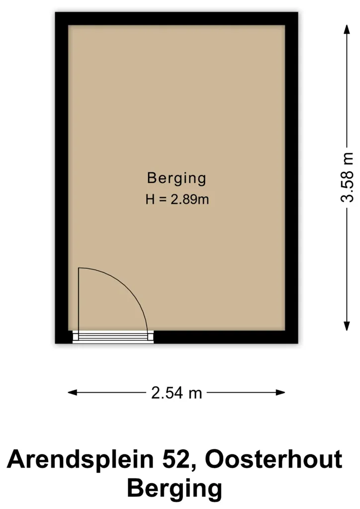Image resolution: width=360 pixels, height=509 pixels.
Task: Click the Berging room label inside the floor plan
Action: (x=176, y=178)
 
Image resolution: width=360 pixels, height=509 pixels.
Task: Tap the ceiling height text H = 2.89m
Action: (x=177, y=199)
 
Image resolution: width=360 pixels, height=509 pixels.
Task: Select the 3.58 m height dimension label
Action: (x=347, y=177)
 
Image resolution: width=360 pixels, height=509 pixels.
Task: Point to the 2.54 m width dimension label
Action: (x=177, y=393)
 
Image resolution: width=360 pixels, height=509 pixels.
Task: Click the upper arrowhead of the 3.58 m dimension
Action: (x=347, y=29)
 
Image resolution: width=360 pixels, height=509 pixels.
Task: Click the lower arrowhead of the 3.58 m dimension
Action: (x=347, y=326)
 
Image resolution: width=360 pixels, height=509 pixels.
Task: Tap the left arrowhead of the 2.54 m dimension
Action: (x=73, y=393)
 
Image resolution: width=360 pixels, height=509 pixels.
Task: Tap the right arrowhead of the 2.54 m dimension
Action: (x=280, y=393)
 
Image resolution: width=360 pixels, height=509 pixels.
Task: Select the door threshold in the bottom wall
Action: (x=113, y=337)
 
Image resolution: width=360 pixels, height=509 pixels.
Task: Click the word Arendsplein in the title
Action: (x=80, y=459)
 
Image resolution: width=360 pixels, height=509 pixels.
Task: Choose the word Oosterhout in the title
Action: (x=273, y=459)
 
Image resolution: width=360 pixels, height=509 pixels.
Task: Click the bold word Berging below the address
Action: (x=175, y=489)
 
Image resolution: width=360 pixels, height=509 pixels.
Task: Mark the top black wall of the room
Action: (x=177, y=18)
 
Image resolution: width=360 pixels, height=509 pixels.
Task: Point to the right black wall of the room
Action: (x=291, y=177)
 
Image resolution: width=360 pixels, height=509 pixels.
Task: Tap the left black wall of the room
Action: (x=62, y=177)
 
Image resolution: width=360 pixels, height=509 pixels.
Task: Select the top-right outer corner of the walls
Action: (x=298, y=12)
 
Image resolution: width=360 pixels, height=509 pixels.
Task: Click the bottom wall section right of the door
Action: (x=226, y=337)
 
